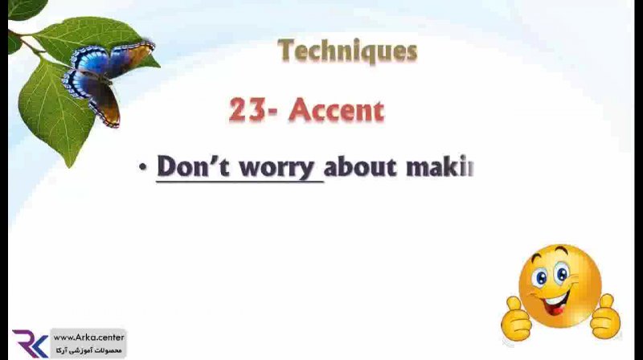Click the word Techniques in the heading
[348, 51]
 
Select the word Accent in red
[337, 110]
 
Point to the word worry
[276, 168]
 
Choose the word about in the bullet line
[361, 167]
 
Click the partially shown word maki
[440, 167]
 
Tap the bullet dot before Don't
[143, 167]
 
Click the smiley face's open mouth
[556, 303]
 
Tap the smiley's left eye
[541, 278]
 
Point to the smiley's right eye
[562, 272]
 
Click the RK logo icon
[30, 343]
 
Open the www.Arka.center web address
[88, 337]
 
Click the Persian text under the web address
[88, 350]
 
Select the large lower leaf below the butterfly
[55, 110]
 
